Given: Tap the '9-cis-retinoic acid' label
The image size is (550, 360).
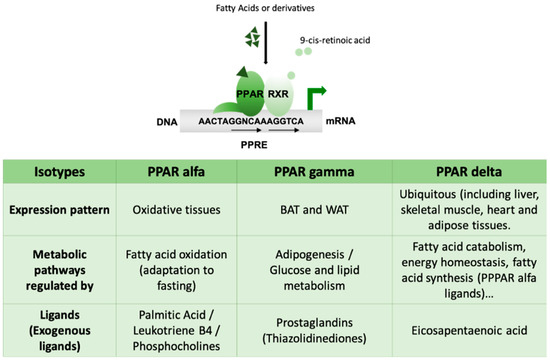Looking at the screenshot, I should (340, 42).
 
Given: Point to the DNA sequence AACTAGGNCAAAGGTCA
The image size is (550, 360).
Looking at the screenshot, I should (263, 118).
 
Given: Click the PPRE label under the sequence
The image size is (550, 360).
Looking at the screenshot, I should (262, 142).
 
